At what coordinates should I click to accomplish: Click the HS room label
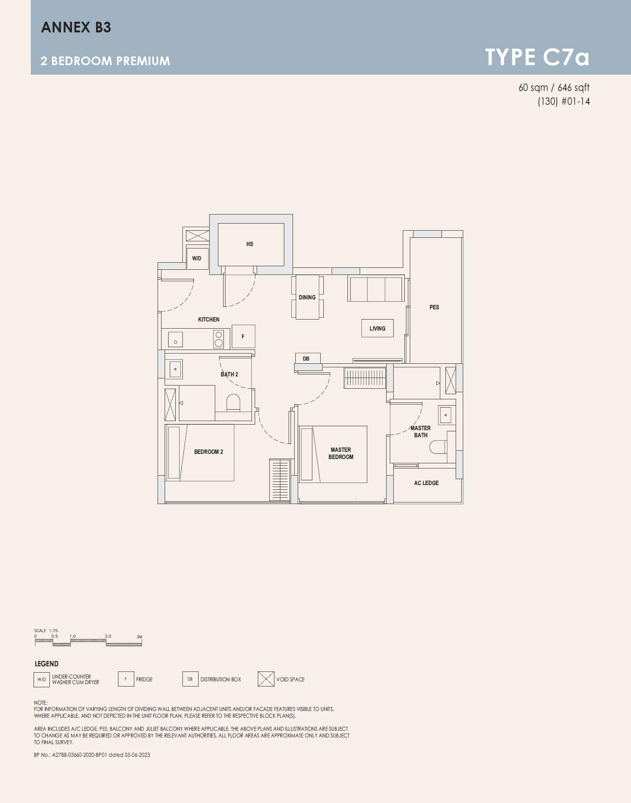point(250,244)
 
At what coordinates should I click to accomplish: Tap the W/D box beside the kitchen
point(197,258)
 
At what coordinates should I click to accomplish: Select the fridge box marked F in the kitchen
point(243,337)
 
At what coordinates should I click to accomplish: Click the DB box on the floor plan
point(306,359)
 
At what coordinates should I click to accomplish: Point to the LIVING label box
point(377,328)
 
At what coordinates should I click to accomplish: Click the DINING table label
point(307,297)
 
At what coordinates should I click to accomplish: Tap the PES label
point(434,307)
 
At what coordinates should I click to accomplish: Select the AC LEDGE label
point(426,483)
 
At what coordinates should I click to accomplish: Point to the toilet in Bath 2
point(233,403)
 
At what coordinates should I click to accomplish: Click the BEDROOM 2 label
point(208,451)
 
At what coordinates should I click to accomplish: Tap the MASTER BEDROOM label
point(341,453)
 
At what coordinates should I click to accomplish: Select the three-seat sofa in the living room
point(376,289)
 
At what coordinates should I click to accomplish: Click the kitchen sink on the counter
point(175,339)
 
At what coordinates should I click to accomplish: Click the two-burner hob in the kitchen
point(218,339)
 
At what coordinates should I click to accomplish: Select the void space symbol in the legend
point(266,679)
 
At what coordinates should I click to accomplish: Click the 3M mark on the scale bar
point(139,637)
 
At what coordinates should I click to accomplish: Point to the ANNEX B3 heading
point(76,27)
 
